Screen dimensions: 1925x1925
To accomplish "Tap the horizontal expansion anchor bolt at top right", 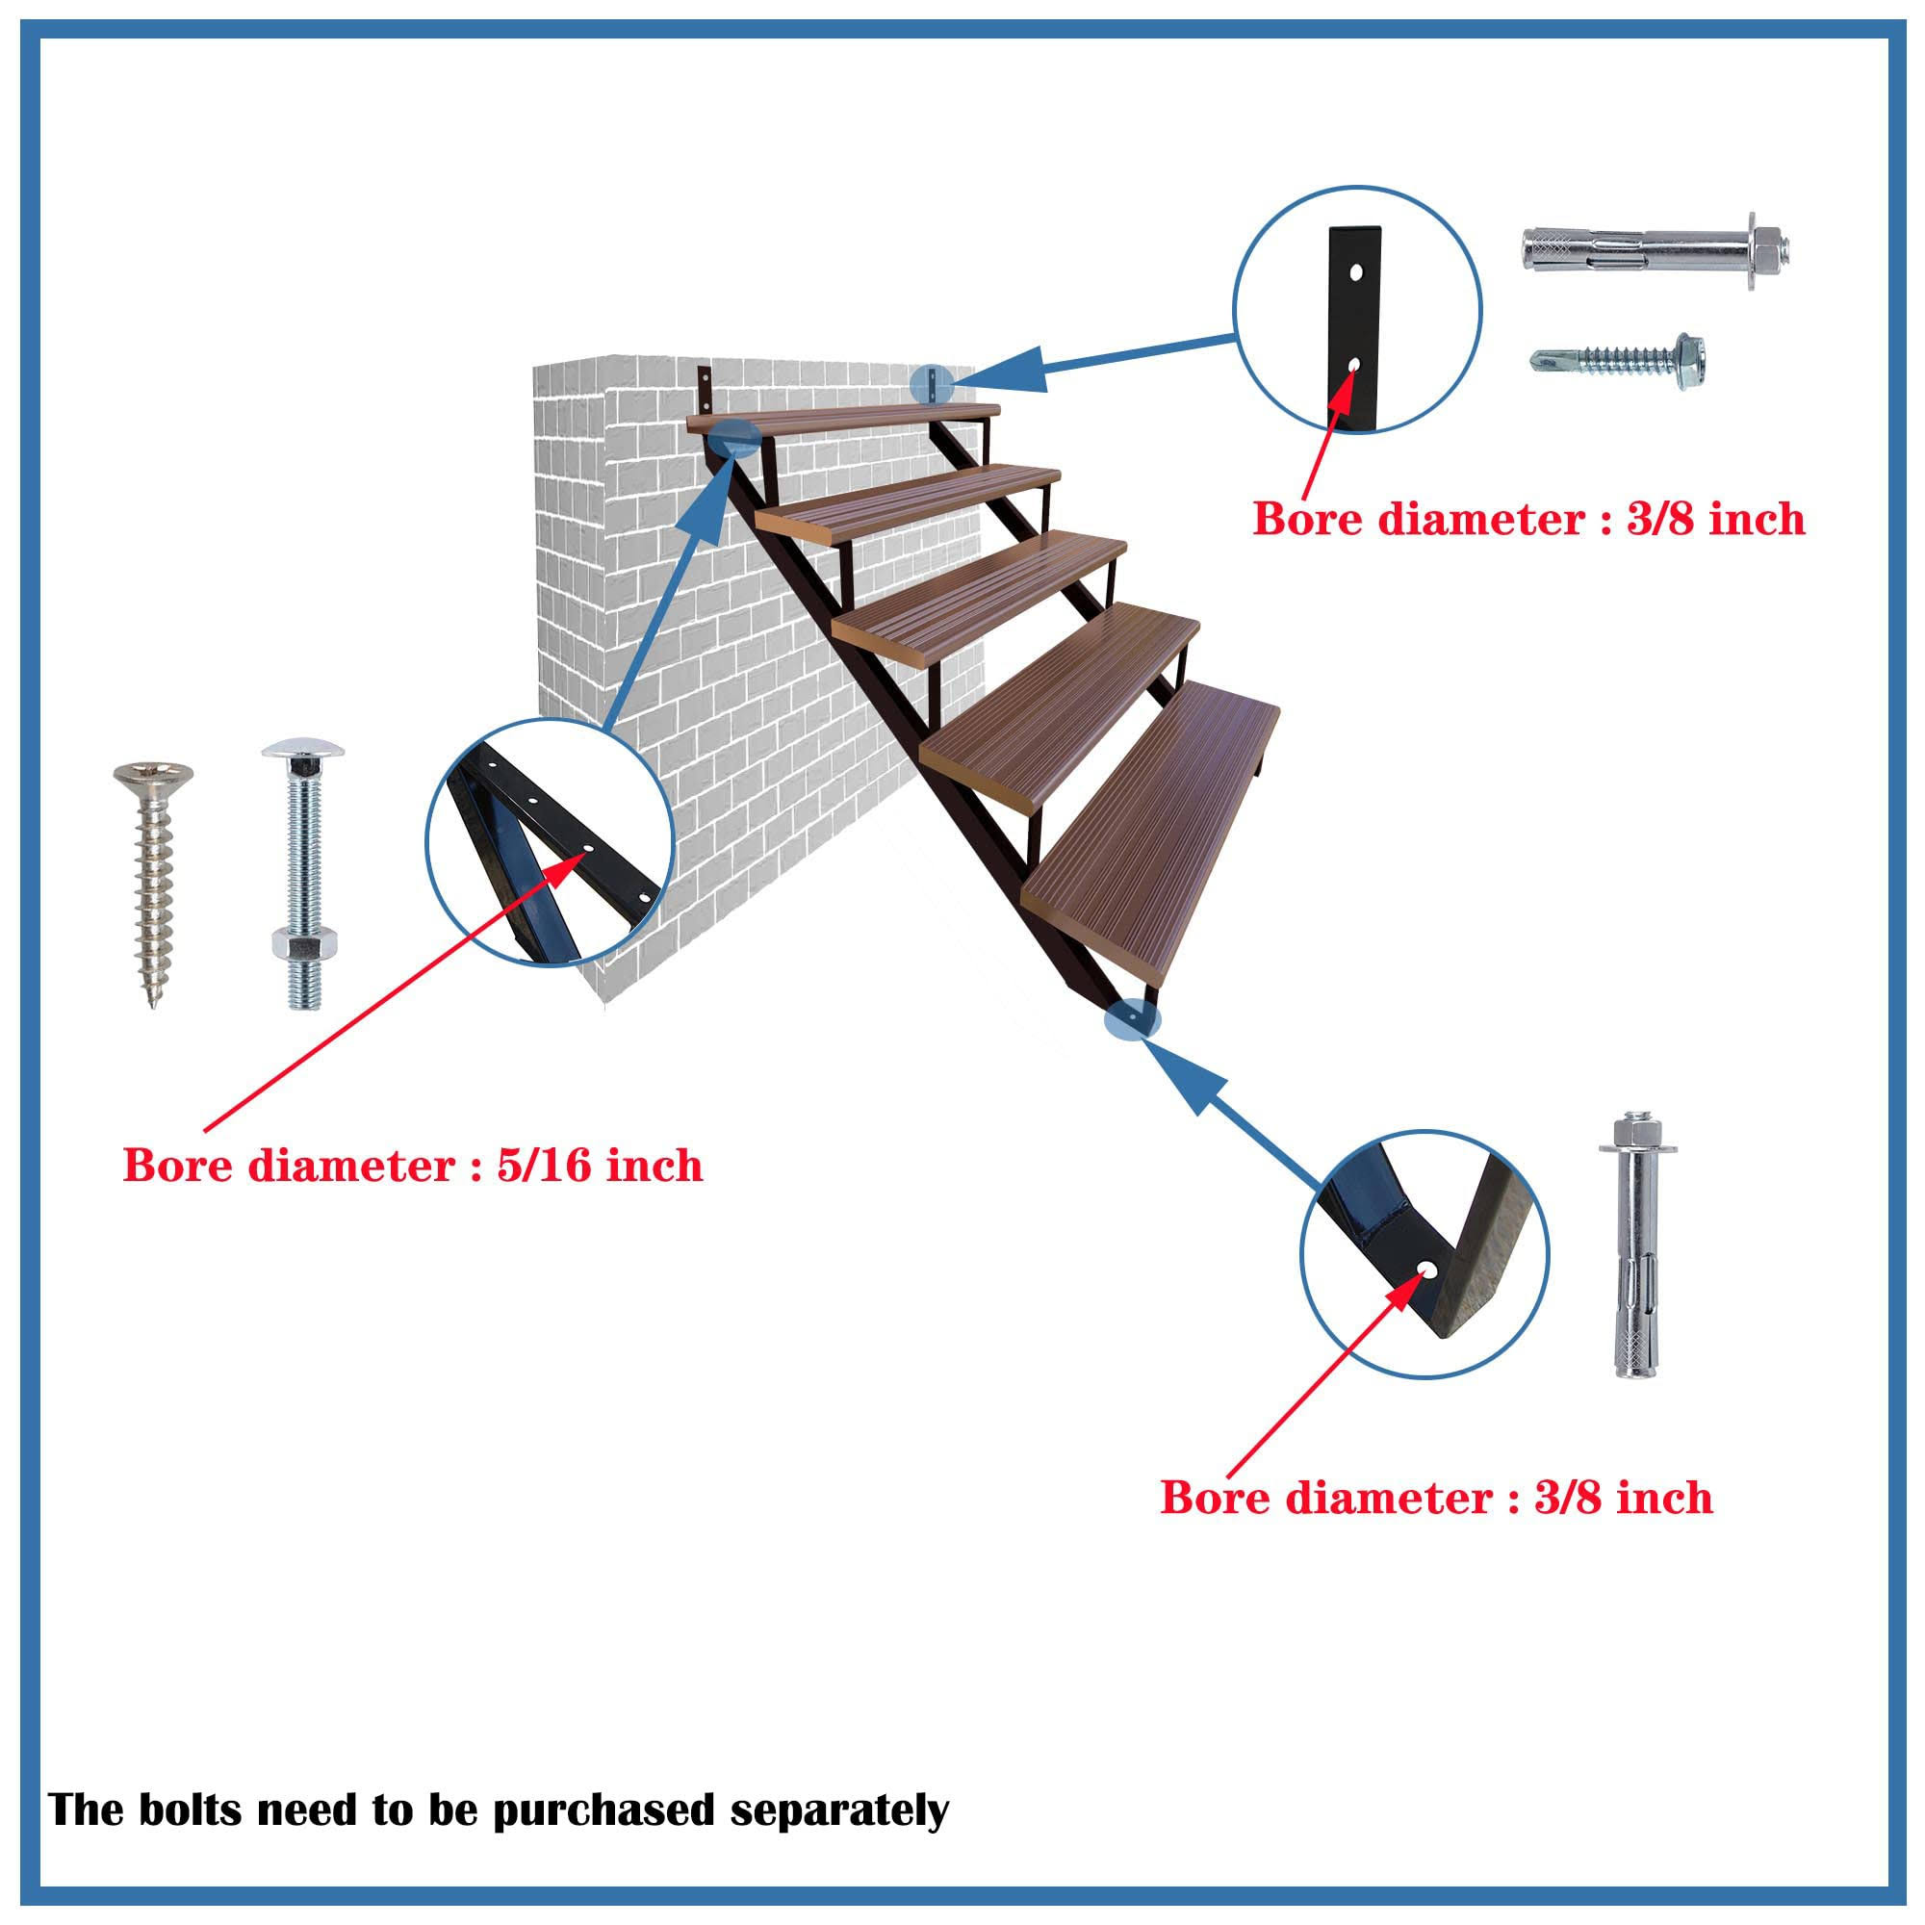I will (1653, 257).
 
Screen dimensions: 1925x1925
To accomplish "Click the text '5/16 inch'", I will (599, 1165).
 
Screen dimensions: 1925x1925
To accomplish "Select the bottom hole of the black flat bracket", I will (1353, 366).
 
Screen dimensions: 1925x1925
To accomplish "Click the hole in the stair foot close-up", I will (1427, 1270).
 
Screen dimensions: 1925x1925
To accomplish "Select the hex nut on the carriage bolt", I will (303, 942).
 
